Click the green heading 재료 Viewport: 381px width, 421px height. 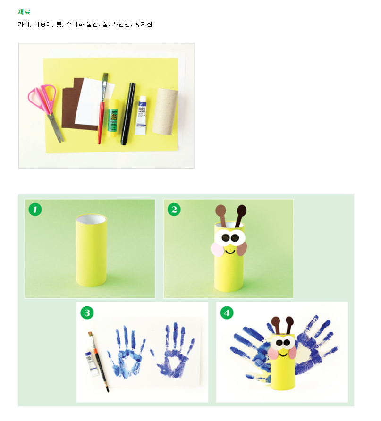(24, 12)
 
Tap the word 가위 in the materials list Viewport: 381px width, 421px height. (24, 24)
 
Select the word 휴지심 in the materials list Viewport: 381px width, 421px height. (144, 24)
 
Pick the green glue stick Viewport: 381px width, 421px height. (113, 118)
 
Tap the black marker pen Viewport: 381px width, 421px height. (128, 114)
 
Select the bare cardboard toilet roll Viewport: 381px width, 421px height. (165, 111)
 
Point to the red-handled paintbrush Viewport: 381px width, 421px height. (102, 109)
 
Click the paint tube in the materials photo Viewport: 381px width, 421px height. (141, 116)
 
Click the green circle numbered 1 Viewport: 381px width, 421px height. (35, 210)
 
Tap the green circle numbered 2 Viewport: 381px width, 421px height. (174, 210)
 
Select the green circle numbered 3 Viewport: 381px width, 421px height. (87, 313)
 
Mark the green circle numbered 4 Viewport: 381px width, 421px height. (227, 313)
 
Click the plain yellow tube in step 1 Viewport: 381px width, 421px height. (91, 250)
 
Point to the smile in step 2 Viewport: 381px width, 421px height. (230, 252)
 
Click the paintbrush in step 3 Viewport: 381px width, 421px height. (99, 362)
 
